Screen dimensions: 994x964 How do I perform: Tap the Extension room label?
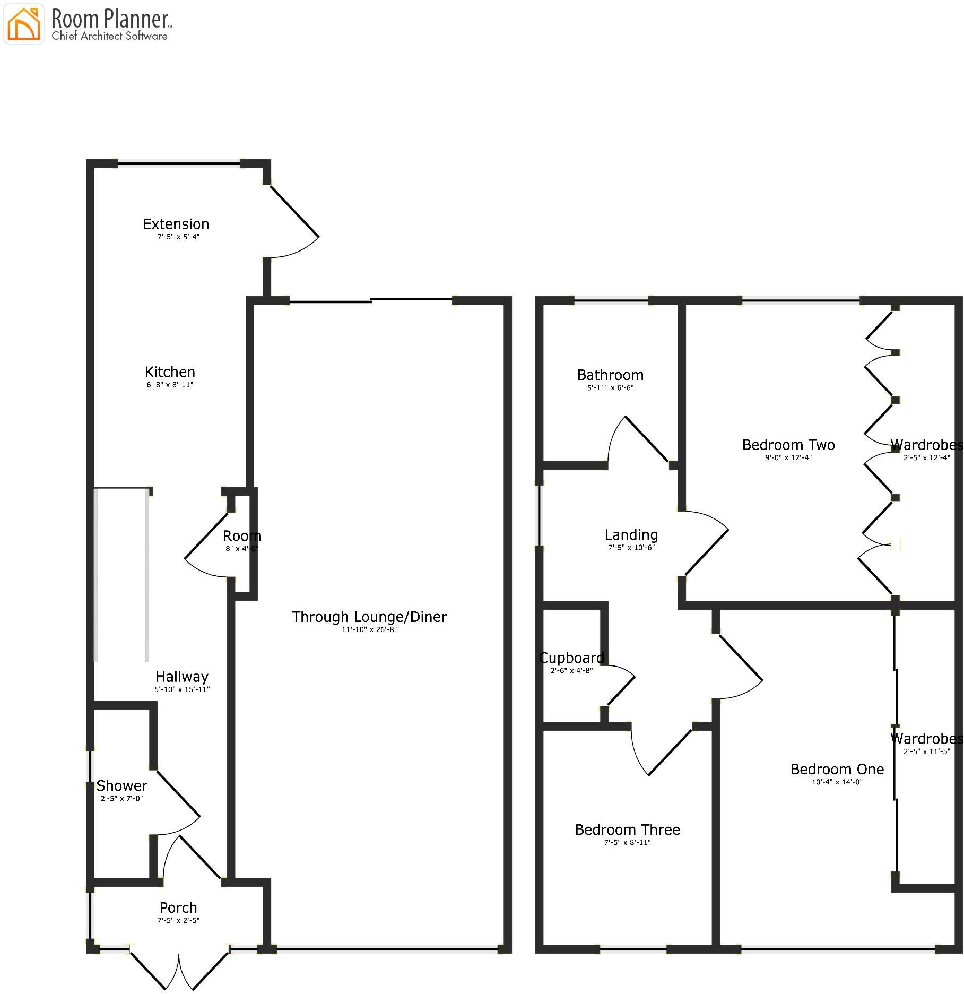pyautogui.click(x=176, y=224)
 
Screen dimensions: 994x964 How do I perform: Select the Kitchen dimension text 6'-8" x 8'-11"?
pyautogui.click(x=170, y=385)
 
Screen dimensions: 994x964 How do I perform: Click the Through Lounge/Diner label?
pyautogui.click(x=369, y=617)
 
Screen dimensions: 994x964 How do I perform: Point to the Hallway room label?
pyautogui.click(x=182, y=677)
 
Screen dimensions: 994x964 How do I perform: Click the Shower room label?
pyautogui.click(x=121, y=785)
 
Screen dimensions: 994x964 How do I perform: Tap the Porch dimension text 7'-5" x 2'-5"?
pyautogui.click(x=178, y=920)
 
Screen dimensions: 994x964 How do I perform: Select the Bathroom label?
pyautogui.click(x=610, y=375)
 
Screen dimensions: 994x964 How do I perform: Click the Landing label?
pyautogui.click(x=631, y=535)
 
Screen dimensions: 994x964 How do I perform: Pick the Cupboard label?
pyautogui.click(x=571, y=658)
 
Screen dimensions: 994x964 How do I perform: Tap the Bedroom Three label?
pyautogui.click(x=627, y=829)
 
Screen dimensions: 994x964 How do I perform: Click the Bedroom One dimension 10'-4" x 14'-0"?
pyautogui.click(x=837, y=782)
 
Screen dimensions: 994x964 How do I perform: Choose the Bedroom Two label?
pyautogui.click(x=788, y=445)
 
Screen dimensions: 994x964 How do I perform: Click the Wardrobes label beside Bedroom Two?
pyautogui.click(x=926, y=445)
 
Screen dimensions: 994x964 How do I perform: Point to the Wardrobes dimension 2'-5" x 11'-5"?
pyautogui.click(x=926, y=751)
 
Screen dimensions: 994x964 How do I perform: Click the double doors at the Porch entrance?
pyautogui.click(x=179, y=968)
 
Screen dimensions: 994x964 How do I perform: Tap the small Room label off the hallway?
pyautogui.click(x=242, y=536)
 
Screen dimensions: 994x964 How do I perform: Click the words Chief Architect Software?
pyautogui.click(x=109, y=36)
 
